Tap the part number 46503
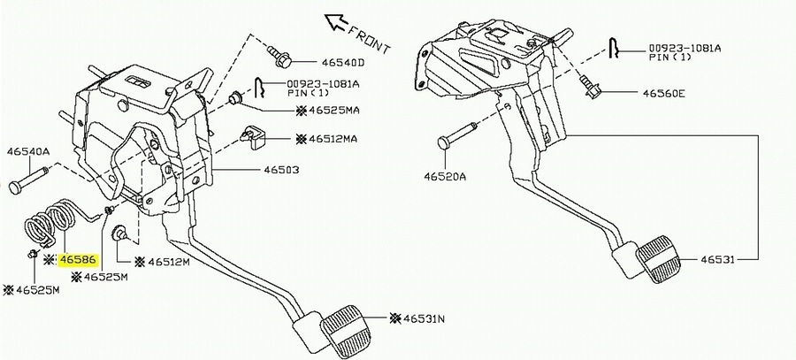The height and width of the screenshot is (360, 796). (x=280, y=171)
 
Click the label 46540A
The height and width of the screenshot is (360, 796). (x=28, y=151)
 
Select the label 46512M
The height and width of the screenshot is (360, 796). (x=168, y=262)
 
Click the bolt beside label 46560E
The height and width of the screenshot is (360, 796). (x=590, y=86)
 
